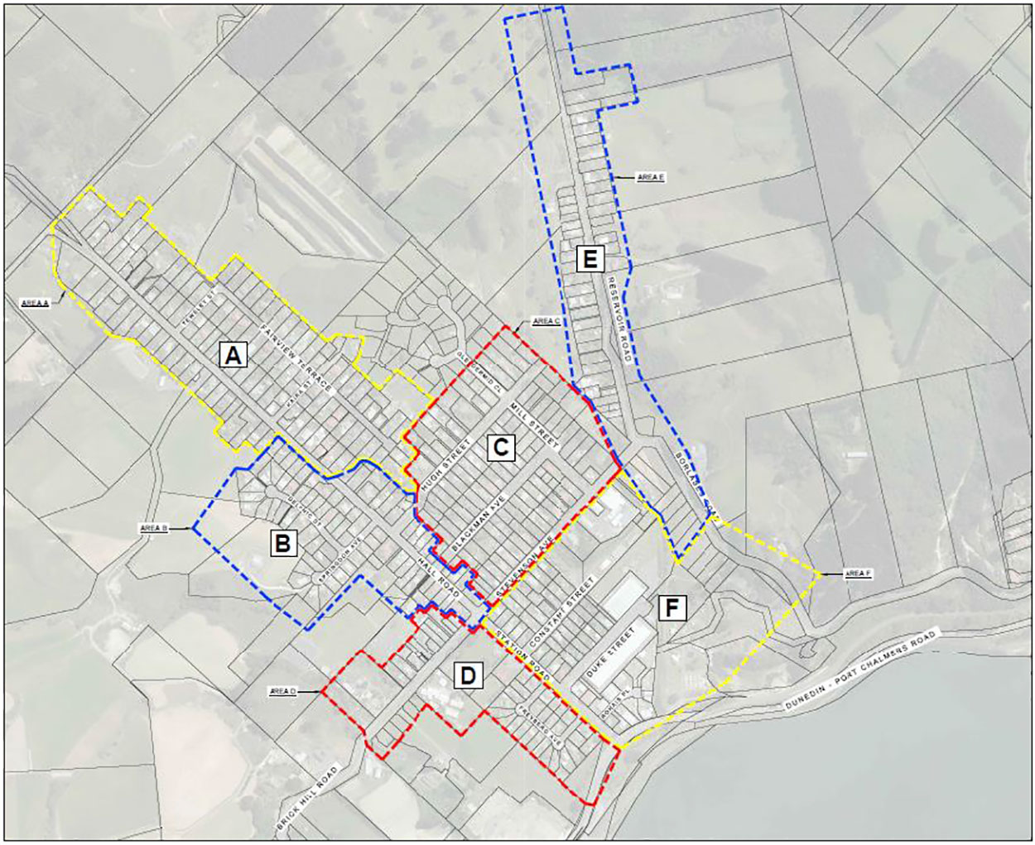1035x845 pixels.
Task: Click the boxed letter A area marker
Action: tap(233, 356)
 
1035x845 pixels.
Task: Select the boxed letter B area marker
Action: tap(283, 544)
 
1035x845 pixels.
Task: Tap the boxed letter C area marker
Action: tap(500, 448)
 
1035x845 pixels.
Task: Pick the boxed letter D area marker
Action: tap(469, 676)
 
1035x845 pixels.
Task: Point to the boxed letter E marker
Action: tap(590, 260)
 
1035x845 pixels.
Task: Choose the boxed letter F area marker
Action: tap(672, 608)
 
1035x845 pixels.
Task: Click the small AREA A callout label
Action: tap(35, 304)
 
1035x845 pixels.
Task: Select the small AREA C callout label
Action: tap(547, 321)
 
